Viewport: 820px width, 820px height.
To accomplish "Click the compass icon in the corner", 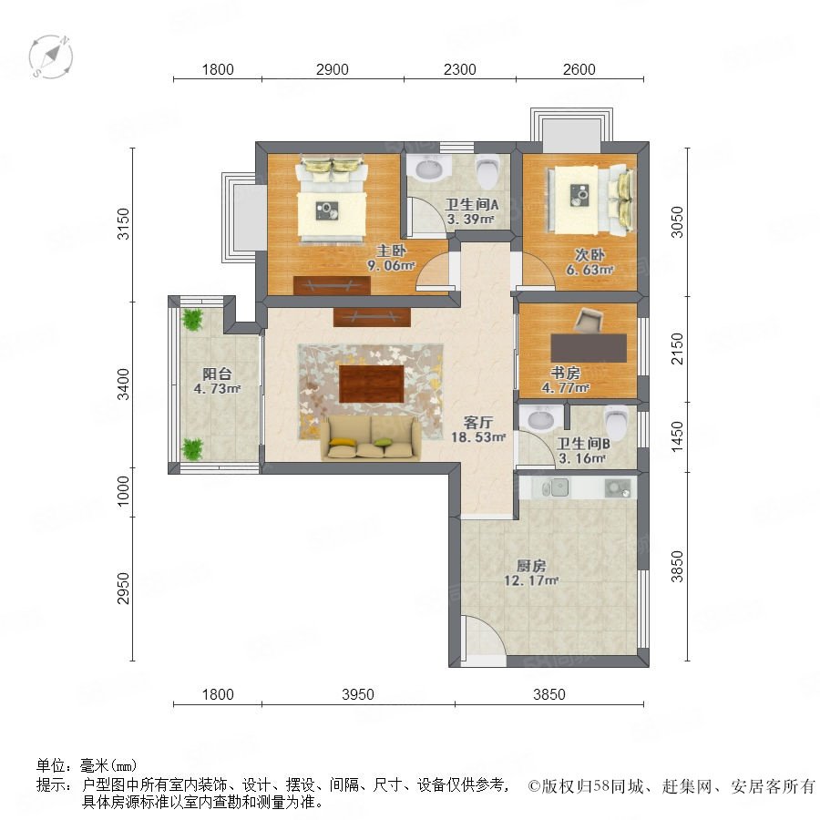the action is click(51, 56).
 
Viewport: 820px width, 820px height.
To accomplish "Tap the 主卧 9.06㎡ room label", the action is click(391, 259).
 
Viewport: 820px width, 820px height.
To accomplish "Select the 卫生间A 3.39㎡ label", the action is click(471, 211).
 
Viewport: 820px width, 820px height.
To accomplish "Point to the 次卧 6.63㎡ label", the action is click(589, 262).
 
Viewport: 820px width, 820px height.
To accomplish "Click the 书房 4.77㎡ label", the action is click(565, 380).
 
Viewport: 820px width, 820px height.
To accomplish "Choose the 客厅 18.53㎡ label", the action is click(478, 429).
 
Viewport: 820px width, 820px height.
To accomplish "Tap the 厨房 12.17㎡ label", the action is click(531, 573).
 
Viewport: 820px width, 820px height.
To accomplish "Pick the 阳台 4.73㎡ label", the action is click(217, 381).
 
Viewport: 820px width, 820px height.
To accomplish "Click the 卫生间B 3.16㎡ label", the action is click(582, 451).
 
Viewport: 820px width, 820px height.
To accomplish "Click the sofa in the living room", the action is click(371, 439).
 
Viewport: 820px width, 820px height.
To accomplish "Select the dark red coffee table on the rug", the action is click(372, 384).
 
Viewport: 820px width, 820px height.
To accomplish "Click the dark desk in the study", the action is click(589, 348).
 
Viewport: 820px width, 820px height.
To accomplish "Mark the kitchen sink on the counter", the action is click(556, 488).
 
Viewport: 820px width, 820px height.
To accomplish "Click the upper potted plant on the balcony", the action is click(193, 319).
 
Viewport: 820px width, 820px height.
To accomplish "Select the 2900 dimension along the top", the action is click(332, 69).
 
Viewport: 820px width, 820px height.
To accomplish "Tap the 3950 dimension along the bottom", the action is click(358, 694).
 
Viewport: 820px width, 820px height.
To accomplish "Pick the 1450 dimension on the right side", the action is click(677, 437).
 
